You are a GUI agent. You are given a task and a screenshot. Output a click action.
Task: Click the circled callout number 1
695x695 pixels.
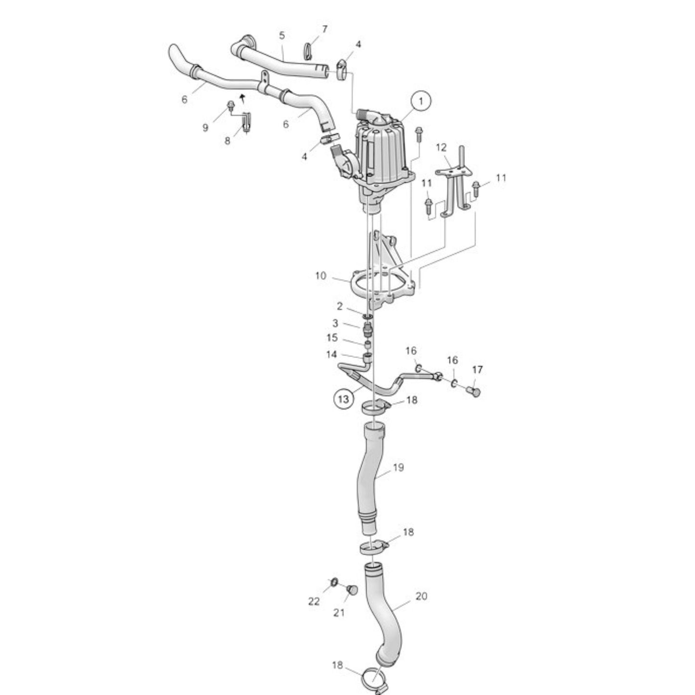(421, 101)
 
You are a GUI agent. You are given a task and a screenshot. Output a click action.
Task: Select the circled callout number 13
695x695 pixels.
(343, 399)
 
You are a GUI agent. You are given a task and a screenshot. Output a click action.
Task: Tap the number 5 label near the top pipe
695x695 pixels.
(282, 35)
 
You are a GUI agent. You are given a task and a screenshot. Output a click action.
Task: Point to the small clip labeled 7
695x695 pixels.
(308, 49)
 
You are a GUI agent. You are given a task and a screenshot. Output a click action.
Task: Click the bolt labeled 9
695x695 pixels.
(230, 106)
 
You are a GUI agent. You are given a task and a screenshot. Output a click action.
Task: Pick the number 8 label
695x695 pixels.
(227, 141)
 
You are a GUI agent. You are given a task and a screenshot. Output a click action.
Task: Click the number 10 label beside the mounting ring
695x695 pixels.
(321, 276)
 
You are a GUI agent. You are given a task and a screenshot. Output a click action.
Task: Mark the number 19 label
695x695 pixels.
(398, 468)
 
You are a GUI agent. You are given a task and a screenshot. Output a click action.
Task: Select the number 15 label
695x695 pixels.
(332, 338)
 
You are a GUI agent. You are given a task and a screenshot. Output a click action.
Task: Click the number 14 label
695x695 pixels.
(332, 354)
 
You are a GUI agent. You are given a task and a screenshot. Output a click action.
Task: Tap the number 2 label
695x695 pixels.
(340, 306)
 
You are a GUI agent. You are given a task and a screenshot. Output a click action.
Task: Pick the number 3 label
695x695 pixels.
(335, 323)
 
